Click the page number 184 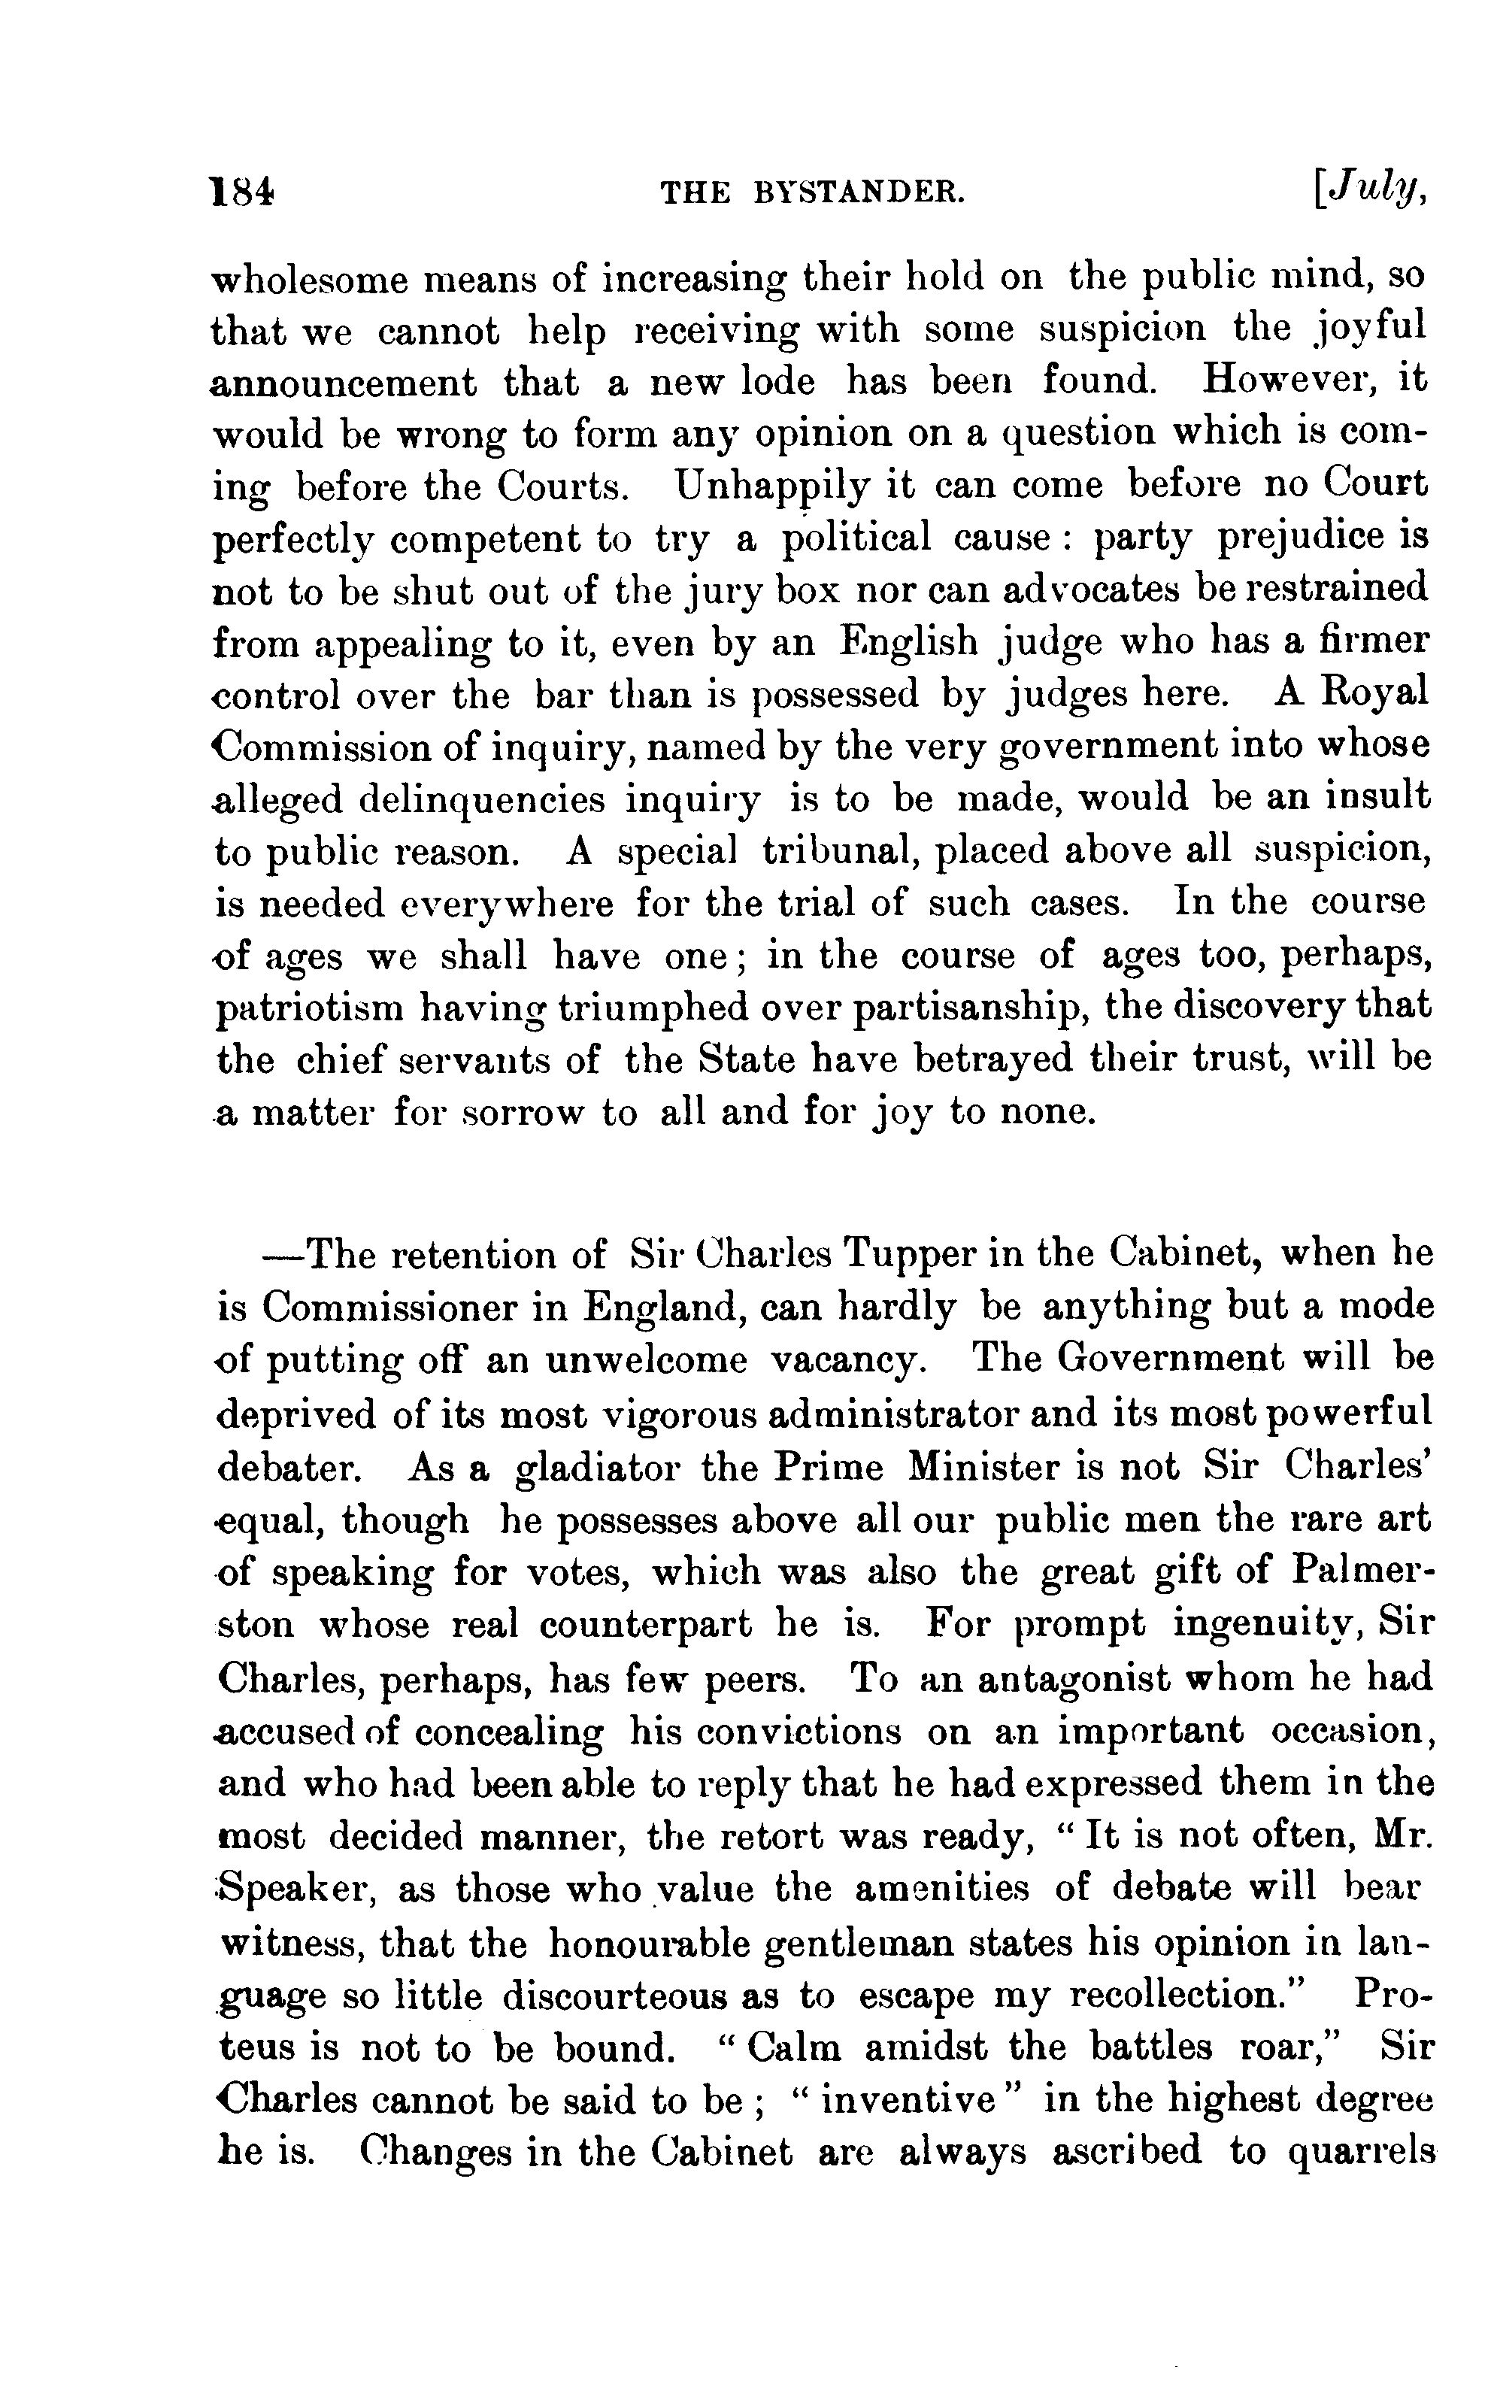(241, 191)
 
